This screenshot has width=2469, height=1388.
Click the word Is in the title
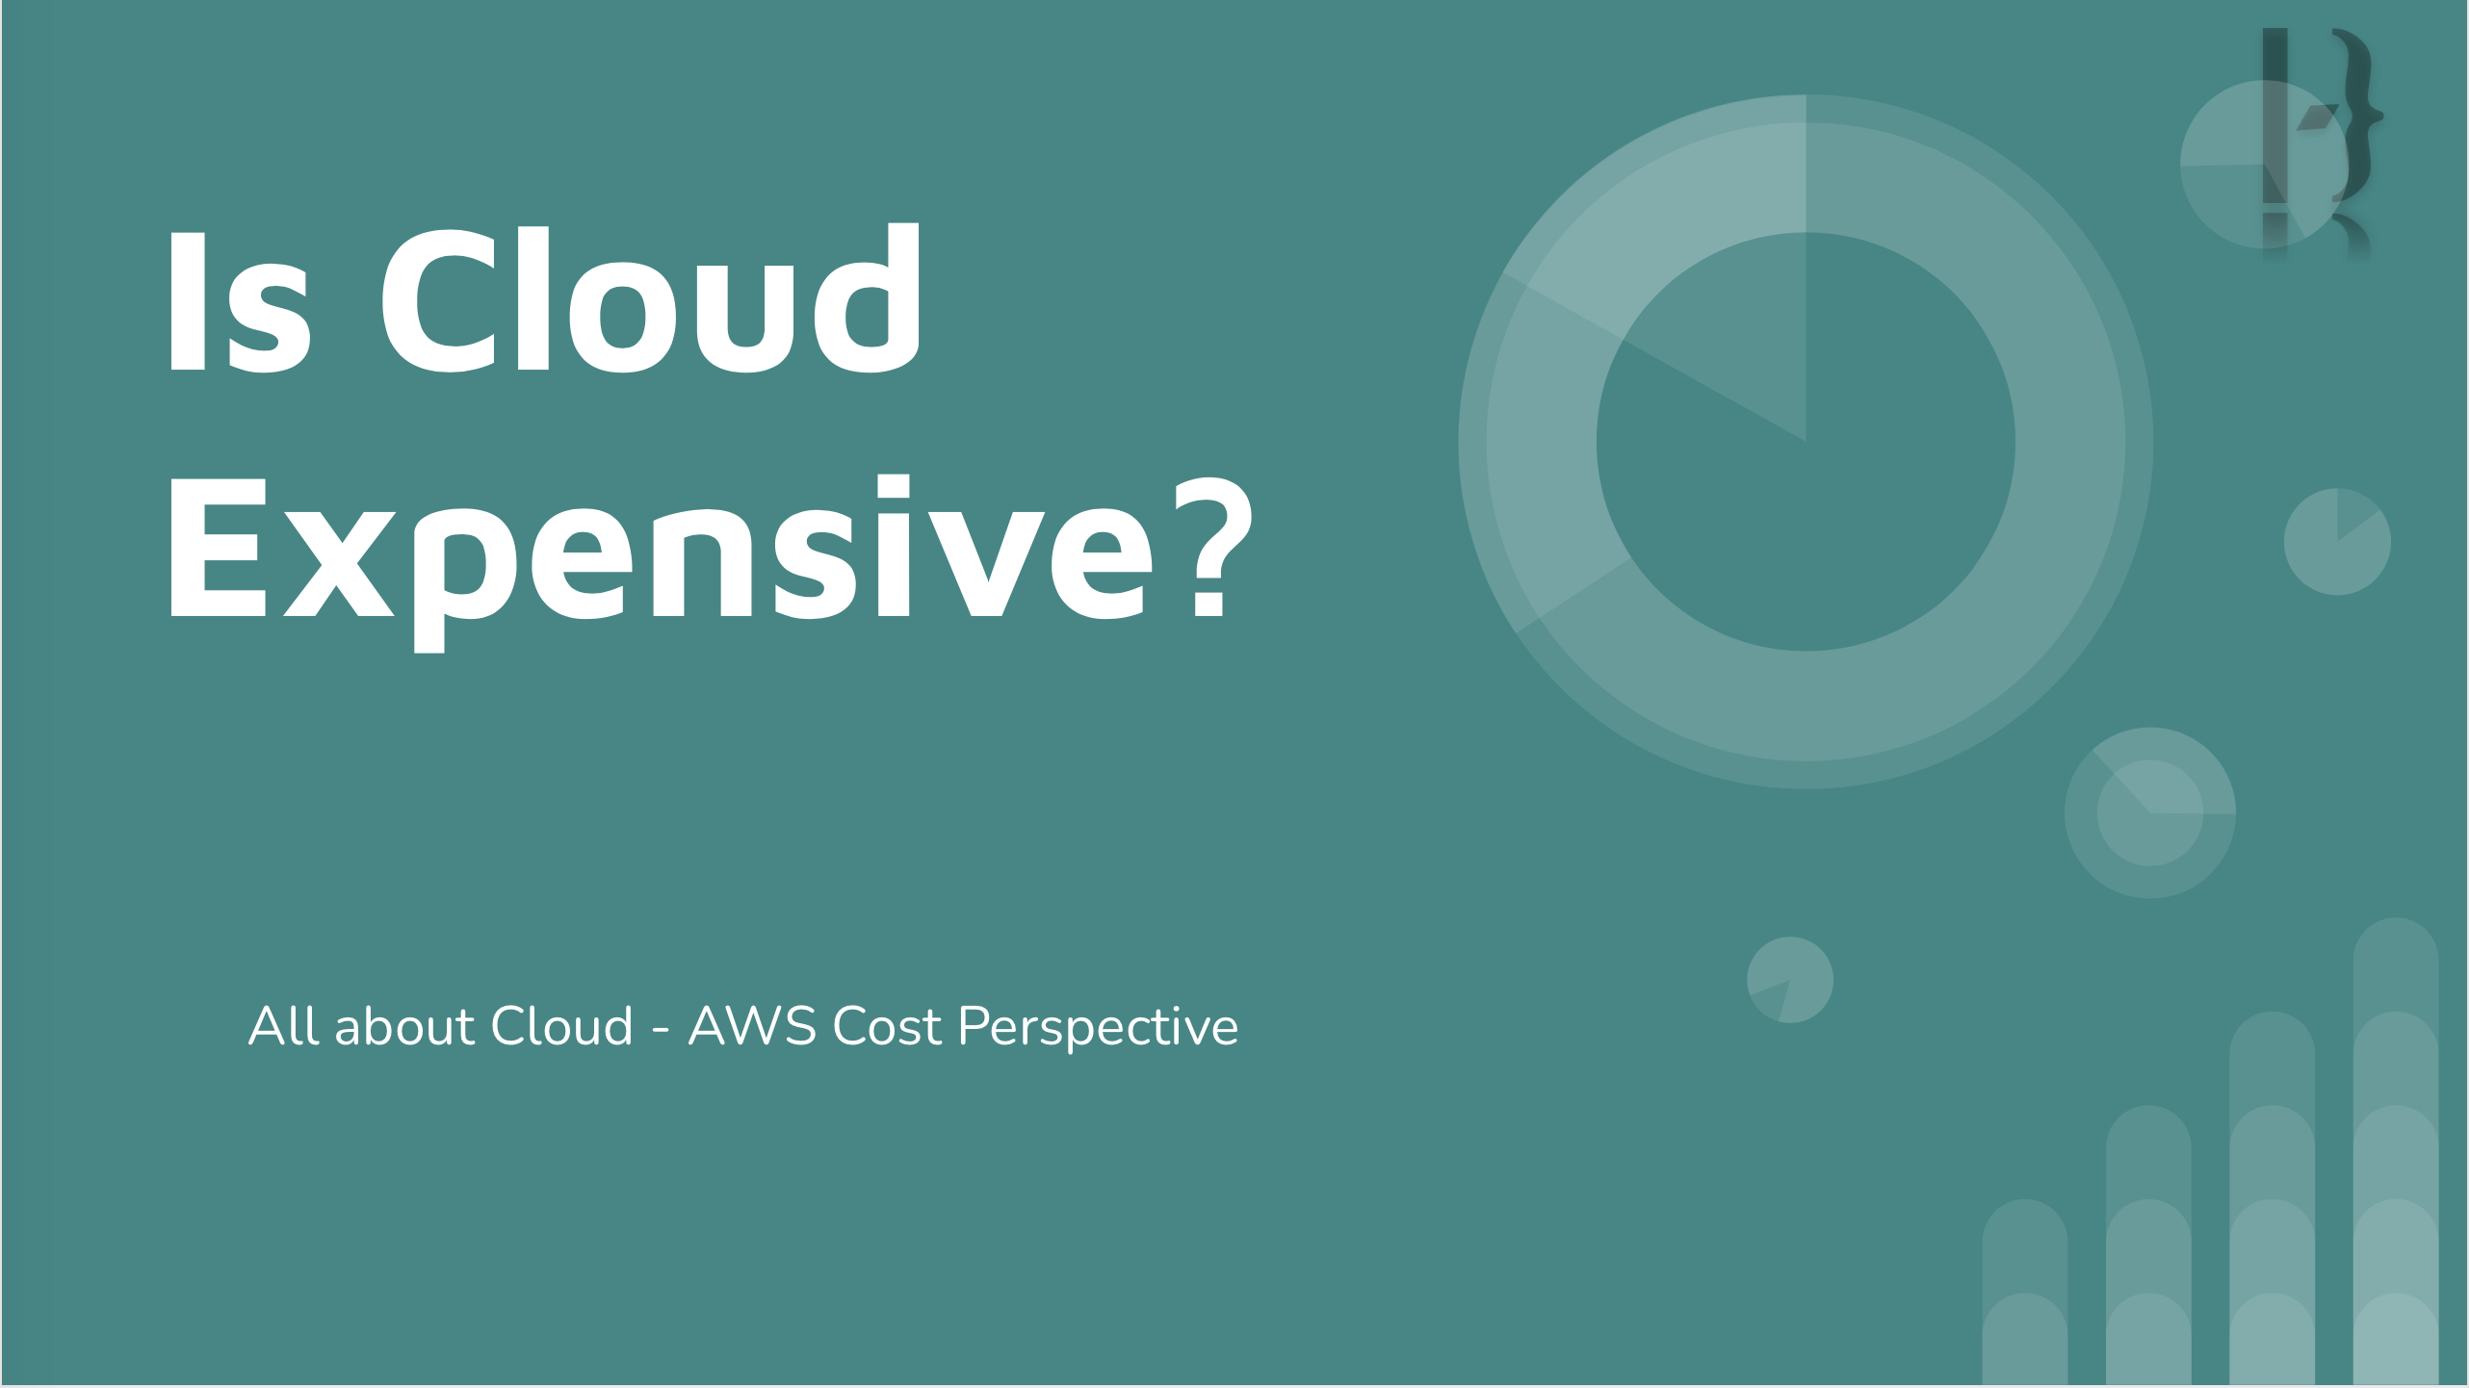tap(240, 300)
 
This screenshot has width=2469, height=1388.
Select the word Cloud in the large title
tap(652, 297)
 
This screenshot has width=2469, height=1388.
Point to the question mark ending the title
tap(1212, 546)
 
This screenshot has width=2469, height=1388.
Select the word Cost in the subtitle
tap(887, 1025)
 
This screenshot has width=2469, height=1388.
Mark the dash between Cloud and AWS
tap(661, 1031)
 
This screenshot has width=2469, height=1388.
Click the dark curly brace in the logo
tap(2357, 116)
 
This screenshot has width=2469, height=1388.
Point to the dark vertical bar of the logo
tap(2274, 116)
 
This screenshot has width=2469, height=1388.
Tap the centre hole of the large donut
tap(1806, 442)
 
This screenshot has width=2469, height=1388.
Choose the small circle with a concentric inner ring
tap(2150, 813)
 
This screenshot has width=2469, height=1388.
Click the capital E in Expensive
tap(218, 546)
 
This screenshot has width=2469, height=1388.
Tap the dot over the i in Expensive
tap(893, 487)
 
